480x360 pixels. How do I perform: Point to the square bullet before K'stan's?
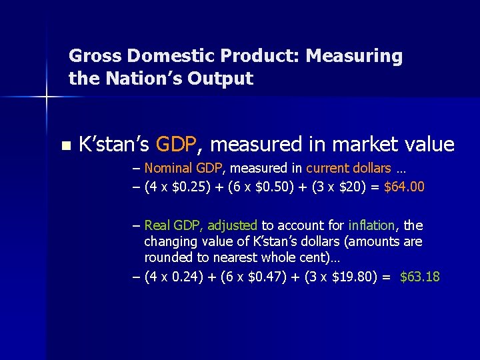coord(64,145)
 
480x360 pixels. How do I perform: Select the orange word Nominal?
coord(167,167)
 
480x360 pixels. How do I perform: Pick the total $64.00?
coord(404,187)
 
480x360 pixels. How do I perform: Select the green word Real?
coord(157,225)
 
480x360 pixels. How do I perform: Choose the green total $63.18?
coord(420,276)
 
